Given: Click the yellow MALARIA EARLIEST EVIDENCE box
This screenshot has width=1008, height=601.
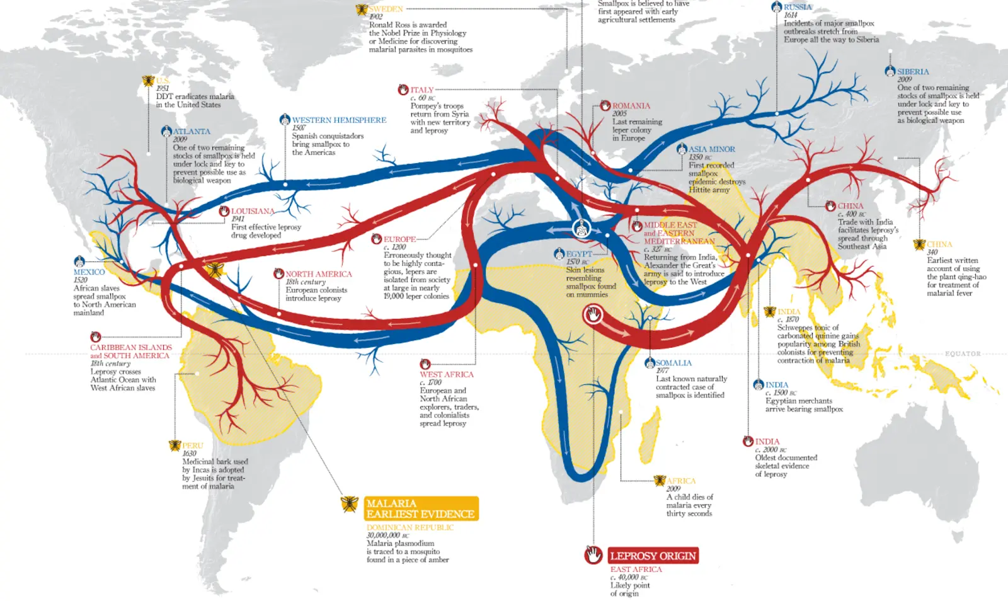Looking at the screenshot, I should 421,508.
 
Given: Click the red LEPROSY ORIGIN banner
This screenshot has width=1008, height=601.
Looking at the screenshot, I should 653,556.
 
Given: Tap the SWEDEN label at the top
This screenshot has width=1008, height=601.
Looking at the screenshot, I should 386,9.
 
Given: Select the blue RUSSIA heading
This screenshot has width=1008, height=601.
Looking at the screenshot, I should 798,7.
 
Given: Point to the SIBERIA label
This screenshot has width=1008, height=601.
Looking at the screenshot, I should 913,72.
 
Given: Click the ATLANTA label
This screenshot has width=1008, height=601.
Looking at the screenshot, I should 192,132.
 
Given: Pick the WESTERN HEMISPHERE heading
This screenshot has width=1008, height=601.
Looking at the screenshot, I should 339,120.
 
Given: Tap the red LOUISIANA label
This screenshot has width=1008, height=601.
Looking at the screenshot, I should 253,211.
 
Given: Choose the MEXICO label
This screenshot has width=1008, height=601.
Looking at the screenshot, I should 89,272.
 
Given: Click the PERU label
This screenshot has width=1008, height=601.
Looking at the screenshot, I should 193,445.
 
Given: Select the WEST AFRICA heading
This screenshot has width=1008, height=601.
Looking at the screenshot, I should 447,374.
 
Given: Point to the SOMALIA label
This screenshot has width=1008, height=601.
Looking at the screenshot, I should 673,363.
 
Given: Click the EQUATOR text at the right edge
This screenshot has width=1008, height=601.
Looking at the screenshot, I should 963,354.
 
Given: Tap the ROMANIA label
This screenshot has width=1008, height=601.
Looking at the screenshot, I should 631,106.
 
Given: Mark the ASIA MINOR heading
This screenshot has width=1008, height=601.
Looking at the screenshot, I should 711,149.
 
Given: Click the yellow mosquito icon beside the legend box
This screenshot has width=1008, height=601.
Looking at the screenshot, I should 350,504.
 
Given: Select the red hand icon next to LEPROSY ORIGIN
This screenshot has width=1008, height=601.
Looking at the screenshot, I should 593,555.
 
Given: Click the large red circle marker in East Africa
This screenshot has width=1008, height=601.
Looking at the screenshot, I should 593,314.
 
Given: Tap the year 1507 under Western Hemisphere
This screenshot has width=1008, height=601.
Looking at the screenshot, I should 299,128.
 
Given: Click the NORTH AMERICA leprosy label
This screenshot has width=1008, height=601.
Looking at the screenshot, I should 319,274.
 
